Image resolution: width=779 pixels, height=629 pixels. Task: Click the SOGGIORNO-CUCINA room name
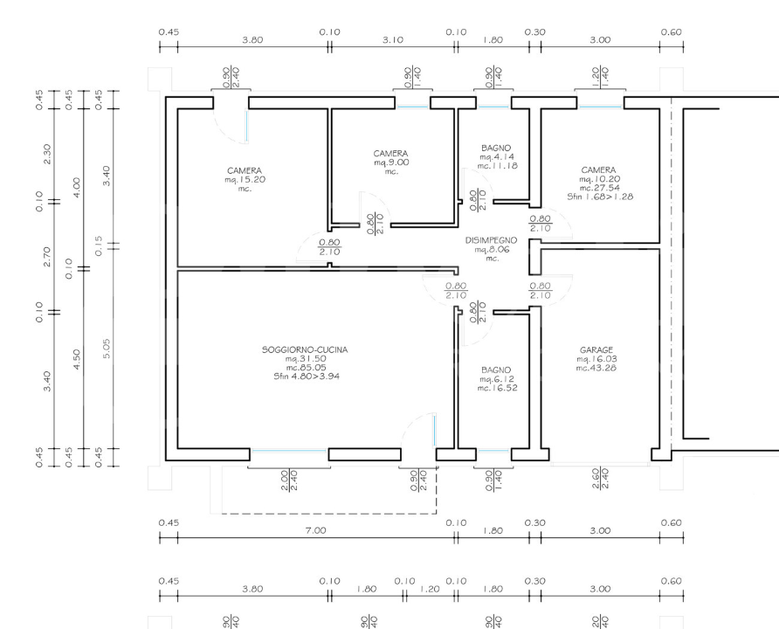(x=304, y=349)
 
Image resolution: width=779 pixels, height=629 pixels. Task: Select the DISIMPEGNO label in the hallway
(x=492, y=239)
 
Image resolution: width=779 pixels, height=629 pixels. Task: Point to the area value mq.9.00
(x=390, y=162)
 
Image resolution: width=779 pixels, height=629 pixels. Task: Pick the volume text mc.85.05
(x=304, y=368)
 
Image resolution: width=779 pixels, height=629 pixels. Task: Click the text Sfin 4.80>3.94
(x=304, y=377)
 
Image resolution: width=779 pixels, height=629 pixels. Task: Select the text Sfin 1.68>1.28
(x=599, y=197)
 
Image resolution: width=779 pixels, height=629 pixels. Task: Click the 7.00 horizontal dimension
(x=315, y=530)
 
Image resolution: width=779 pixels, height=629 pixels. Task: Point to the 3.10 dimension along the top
(x=393, y=39)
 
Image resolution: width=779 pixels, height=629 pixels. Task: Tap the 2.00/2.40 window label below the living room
(x=289, y=478)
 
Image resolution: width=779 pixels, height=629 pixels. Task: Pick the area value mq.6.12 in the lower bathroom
(x=495, y=379)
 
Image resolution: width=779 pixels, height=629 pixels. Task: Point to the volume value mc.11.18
(x=495, y=165)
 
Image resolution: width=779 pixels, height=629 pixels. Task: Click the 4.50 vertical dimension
(x=76, y=358)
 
